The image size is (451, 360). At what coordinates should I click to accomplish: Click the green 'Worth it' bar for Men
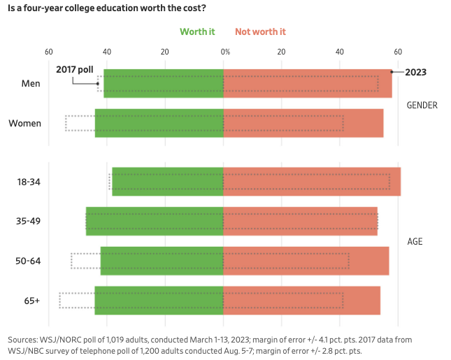click(164, 83)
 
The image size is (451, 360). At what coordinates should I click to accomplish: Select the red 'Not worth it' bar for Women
click(303, 123)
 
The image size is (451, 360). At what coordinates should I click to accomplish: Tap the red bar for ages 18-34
click(312, 181)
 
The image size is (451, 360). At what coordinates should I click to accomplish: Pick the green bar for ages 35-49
click(155, 221)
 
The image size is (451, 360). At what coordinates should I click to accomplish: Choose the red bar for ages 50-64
click(306, 261)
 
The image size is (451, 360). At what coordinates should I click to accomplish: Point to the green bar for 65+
click(159, 300)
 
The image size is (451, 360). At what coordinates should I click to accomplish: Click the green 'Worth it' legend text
click(197, 31)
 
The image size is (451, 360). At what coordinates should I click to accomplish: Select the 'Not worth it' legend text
click(260, 31)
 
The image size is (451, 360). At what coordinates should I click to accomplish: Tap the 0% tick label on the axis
click(224, 52)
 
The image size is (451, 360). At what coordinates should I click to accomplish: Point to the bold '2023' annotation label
click(416, 72)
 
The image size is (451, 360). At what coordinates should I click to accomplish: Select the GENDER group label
click(422, 106)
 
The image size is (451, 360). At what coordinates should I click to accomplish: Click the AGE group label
click(415, 242)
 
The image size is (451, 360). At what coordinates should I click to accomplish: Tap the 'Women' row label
click(24, 124)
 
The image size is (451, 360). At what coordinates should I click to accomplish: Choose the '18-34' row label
click(28, 182)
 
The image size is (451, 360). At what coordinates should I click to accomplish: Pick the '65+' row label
click(32, 301)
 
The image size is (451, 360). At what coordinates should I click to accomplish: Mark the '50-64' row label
click(28, 261)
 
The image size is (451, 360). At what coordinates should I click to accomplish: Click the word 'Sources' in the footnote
click(24, 339)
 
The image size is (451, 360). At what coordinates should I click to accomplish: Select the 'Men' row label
click(31, 84)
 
